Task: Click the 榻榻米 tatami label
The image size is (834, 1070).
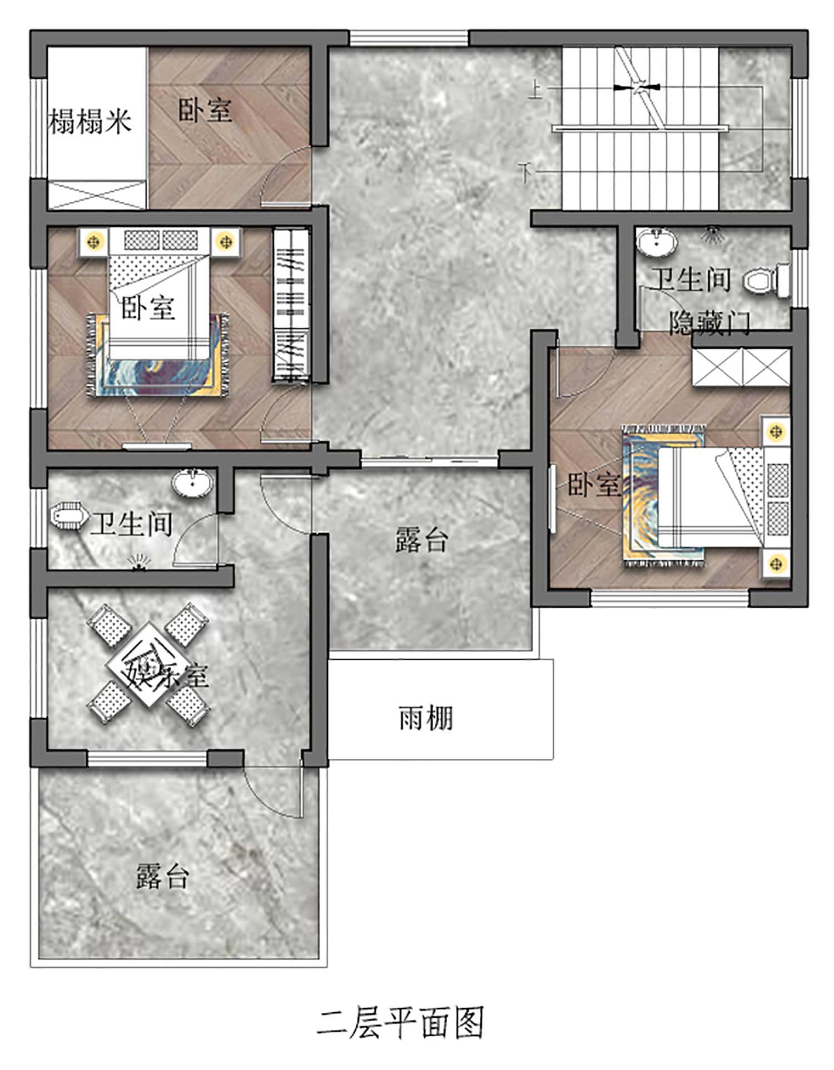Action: tap(90, 121)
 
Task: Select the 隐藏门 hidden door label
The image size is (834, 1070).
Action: tap(709, 322)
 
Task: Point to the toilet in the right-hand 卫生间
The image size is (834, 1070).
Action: tap(766, 280)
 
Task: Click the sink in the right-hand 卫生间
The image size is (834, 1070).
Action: tap(657, 242)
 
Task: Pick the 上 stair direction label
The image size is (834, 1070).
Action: tap(535, 89)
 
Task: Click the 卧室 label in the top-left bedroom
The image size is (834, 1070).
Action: tap(205, 110)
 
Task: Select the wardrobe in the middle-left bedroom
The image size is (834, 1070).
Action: tap(291, 305)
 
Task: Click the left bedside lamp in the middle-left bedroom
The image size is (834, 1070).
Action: tap(95, 242)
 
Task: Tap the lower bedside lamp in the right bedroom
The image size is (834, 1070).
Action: tap(776, 564)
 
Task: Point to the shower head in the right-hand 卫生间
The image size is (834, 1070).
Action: tap(713, 234)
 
